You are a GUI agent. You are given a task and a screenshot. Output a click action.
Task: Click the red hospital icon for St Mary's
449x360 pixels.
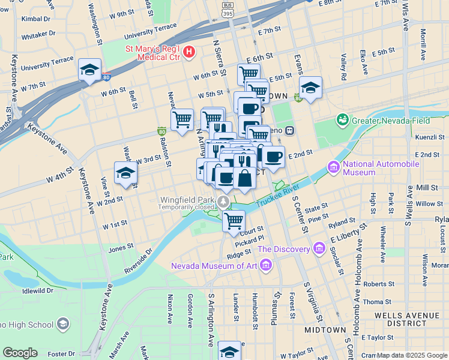click(189, 52)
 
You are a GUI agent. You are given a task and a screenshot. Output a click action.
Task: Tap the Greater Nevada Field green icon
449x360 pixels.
click(342, 120)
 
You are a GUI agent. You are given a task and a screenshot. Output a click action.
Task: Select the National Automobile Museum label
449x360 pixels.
click(360, 167)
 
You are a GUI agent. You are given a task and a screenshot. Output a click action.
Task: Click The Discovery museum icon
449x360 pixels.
click(318, 248)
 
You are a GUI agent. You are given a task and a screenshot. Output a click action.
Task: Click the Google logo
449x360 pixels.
click(20, 352)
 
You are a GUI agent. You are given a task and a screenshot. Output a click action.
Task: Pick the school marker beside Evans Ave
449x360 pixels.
click(310, 88)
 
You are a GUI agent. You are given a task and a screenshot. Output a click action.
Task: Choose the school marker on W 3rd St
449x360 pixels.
click(125, 173)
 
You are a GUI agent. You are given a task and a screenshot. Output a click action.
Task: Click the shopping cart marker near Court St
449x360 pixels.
click(234, 220)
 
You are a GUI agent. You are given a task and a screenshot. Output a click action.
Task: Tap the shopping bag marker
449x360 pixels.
click(244, 179)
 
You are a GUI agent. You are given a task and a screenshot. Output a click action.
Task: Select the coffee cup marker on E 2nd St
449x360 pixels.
click(273, 157)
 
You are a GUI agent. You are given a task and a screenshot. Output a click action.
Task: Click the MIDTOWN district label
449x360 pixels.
click(325, 330)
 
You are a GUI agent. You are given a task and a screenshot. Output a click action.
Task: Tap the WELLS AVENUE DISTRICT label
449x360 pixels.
click(406, 319)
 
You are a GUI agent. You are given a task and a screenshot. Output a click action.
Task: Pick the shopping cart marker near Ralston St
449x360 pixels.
click(182, 119)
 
